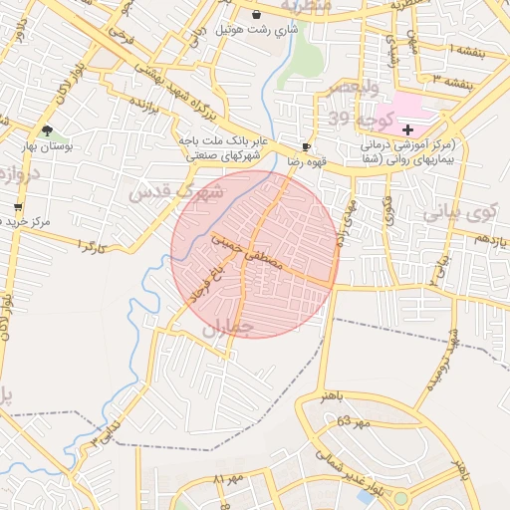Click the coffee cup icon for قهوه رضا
pos(307,145)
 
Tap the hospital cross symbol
pos(406,129)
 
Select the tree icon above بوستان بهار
pos(47,130)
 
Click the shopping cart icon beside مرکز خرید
pos(18,207)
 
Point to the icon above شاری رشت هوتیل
pos(259,15)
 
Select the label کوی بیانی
pos(459,211)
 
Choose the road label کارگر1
pos(90,244)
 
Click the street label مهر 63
pos(354,421)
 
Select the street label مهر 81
pos(231,480)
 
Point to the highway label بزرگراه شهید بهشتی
pos(213,103)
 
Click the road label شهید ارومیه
pos(442,364)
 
